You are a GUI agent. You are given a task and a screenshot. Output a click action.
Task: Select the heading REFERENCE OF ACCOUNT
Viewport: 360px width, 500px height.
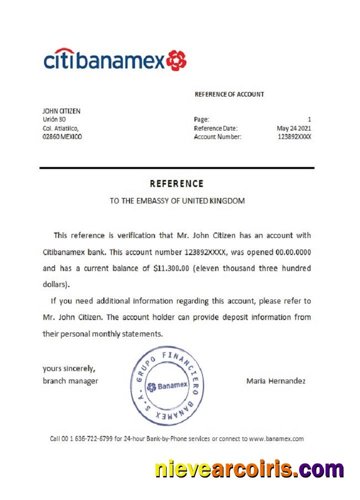click(x=229, y=94)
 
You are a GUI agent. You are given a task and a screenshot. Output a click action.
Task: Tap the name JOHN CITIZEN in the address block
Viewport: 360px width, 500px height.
click(x=61, y=111)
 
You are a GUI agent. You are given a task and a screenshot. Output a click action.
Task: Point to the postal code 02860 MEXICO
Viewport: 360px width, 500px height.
click(x=62, y=136)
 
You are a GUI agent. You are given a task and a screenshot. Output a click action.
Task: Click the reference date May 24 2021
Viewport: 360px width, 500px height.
click(x=294, y=128)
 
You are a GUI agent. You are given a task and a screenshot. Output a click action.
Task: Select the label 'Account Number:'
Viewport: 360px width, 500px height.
click(x=217, y=136)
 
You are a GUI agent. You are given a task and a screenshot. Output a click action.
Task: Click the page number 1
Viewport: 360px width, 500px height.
click(x=309, y=119)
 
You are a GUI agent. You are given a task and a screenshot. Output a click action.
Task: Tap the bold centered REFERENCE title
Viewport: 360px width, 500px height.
click(x=176, y=183)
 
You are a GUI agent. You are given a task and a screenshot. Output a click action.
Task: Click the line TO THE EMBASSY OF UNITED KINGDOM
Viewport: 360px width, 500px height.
click(x=177, y=201)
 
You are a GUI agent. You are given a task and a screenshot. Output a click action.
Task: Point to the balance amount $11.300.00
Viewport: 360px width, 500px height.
click(x=171, y=268)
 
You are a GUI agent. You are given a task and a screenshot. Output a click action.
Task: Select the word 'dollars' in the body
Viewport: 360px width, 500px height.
click(x=54, y=284)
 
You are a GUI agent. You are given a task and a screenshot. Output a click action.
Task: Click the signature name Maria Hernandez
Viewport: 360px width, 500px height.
click(x=276, y=381)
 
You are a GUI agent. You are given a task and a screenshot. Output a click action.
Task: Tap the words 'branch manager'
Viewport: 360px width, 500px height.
click(x=70, y=381)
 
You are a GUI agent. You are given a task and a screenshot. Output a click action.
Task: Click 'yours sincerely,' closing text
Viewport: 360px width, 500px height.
click(x=69, y=369)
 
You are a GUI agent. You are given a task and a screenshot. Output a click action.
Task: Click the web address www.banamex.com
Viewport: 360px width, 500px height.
click(x=276, y=438)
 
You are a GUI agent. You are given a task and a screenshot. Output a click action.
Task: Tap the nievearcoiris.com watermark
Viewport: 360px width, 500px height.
click(x=249, y=470)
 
